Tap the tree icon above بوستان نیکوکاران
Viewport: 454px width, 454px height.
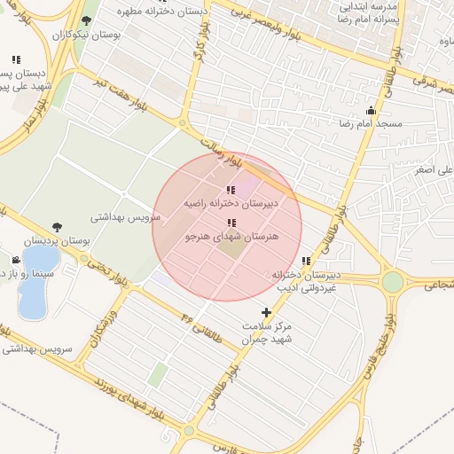coord(85,20)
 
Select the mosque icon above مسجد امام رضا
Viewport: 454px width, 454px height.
coord(370,111)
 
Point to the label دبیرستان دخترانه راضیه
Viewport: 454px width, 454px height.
coord(231,203)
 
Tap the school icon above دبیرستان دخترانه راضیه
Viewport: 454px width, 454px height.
coord(231,190)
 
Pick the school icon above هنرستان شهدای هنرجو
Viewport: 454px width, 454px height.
coord(231,223)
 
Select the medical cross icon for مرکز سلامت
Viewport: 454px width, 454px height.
coord(267,312)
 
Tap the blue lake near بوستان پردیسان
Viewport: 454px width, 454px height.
coord(35,284)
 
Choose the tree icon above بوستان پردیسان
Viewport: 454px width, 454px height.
coord(57,227)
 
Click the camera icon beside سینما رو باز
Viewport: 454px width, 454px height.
coord(16,260)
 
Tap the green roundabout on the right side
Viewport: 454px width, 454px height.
coord(392,282)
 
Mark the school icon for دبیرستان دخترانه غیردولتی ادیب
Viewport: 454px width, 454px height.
coord(306,261)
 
